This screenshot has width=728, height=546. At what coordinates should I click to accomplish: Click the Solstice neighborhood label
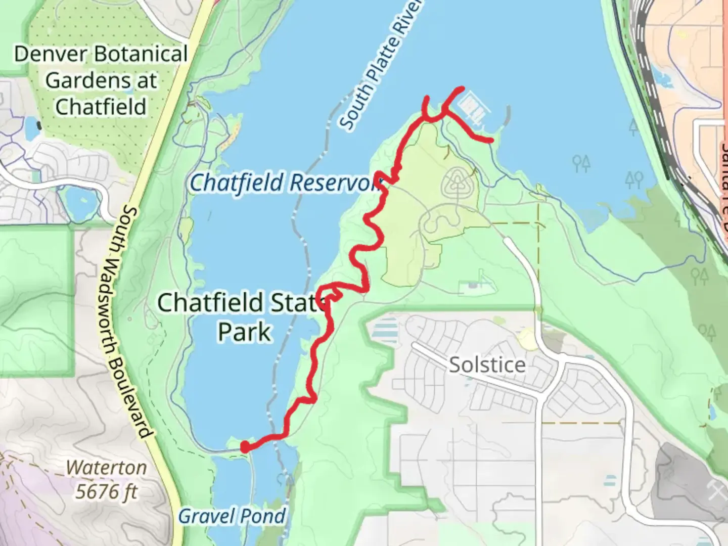(x=487, y=365)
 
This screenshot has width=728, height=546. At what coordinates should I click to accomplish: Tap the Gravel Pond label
(x=232, y=516)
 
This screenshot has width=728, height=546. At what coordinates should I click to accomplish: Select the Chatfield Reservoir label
(x=283, y=183)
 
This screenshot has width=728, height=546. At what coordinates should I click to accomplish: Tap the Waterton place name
(x=106, y=468)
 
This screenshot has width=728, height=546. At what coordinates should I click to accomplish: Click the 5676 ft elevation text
(x=106, y=491)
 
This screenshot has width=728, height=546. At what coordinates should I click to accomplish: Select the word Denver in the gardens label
(x=50, y=54)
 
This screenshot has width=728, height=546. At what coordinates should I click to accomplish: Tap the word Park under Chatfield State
(x=245, y=332)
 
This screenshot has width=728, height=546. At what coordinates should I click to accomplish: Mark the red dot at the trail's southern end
(x=245, y=447)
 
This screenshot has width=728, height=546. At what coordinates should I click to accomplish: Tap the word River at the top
(x=407, y=20)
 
